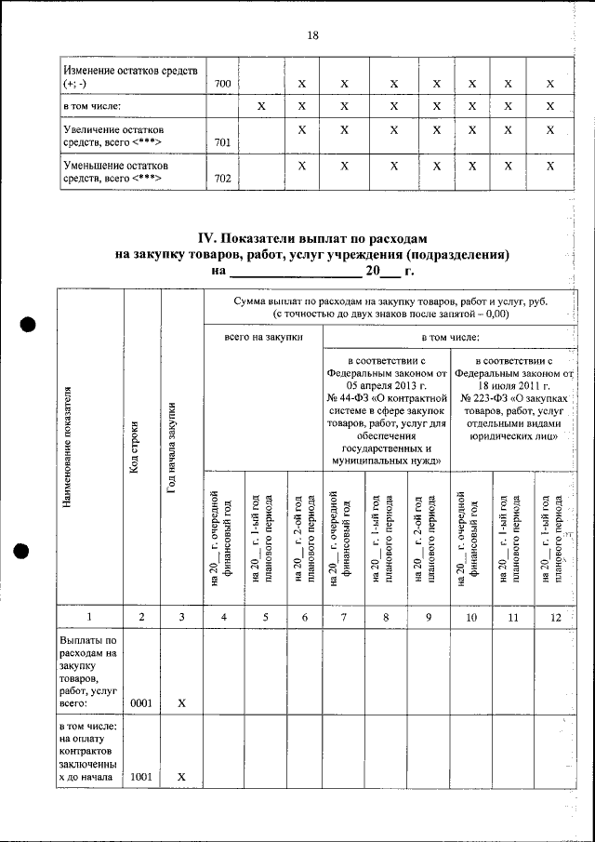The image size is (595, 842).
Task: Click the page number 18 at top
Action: (x=312, y=35)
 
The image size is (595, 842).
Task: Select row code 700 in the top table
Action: (x=222, y=84)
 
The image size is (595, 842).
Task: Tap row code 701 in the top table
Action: (x=222, y=142)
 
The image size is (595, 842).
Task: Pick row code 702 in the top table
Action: (x=222, y=179)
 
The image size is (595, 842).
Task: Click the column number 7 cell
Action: (x=342, y=616)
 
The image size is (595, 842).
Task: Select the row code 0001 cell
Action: (x=142, y=702)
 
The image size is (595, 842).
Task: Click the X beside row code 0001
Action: (x=182, y=703)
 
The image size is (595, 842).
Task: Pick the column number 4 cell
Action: (x=223, y=616)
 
